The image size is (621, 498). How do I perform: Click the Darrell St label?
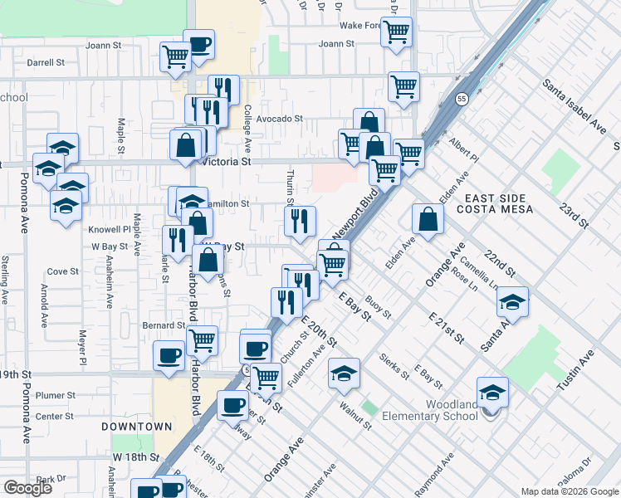(x=46, y=62)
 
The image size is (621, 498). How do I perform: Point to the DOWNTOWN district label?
(x=137, y=427)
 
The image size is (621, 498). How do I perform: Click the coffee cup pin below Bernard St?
(x=169, y=356)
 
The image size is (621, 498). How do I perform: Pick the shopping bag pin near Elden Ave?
(x=428, y=220)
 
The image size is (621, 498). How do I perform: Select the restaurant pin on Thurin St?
(x=301, y=221)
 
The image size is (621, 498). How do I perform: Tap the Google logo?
(x=27, y=488)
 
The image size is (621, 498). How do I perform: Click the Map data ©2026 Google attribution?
(x=570, y=491)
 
